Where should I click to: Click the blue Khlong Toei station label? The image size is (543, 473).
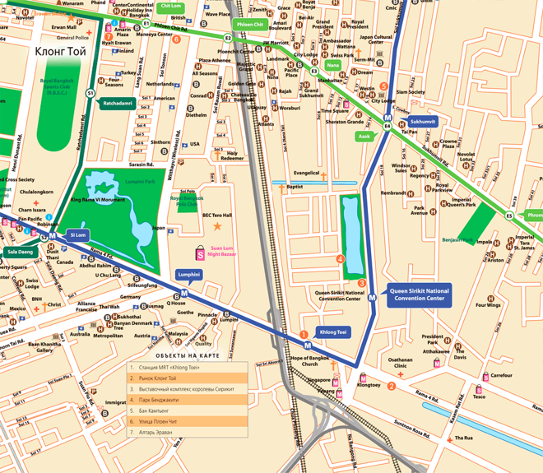pyautogui.click(x=332, y=332)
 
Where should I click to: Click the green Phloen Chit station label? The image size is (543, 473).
pyautogui.click(x=250, y=24)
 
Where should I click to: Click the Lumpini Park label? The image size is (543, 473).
pyautogui.click(x=139, y=181)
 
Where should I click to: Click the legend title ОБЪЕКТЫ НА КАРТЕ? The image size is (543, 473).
pyautogui.click(x=183, y=356)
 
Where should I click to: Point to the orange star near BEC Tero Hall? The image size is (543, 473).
pyautogui.click(x=217, y=226)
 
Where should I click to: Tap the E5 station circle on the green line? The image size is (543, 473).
pyautogui.click(x=509, y=216)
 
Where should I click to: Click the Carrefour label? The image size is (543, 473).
pyautogui.click(x=501, y=375)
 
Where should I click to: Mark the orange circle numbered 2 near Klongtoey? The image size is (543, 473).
pyautogui.click(x=392, y=386)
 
